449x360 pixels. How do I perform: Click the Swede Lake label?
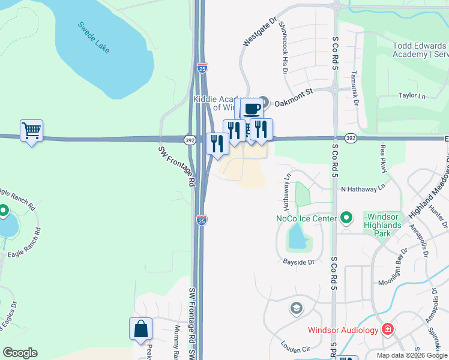pyautogui.click(x=94, y=37)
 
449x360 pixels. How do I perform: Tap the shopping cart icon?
pyautogui.click(x=32, y=130)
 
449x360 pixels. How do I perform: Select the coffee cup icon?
pyautogui.click(x=252, y=109)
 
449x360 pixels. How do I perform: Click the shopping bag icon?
pyautogui.click(x=140, y=329)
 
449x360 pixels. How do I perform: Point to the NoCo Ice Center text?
pyautogui.click(x=306, y=218)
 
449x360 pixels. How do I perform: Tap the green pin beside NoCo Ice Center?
pyautogui.click(x=346, y=217)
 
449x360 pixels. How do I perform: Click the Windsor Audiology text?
pyautogui.click(x=343, y=329)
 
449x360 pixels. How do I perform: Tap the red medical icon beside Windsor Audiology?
pyautogui.click(x=388, y=329)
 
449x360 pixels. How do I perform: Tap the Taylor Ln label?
pyautogui.click(x=412, y=95)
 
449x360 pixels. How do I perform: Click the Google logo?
pyautogui.click(x=20, y=353)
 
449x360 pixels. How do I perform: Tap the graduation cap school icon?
pyautogui.click(x=295, y=308)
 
